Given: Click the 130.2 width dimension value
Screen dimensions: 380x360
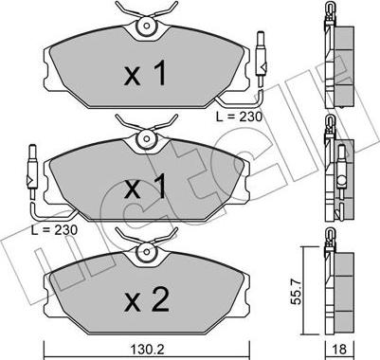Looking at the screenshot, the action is [146, 350].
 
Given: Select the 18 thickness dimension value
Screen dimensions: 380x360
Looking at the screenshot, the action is [339, 349].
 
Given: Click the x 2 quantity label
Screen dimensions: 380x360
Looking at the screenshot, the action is [147, 300].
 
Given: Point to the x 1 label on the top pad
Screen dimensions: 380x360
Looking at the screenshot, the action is [145, 74].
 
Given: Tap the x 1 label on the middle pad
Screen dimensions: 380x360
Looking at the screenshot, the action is [145, 187].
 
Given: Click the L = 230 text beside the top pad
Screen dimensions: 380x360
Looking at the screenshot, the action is [239, 117].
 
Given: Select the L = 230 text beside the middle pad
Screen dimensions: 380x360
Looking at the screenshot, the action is [54, 230].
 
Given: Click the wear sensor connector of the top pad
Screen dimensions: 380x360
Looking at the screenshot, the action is [261, 59].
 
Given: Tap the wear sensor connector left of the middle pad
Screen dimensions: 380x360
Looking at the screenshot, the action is [32, 172].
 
